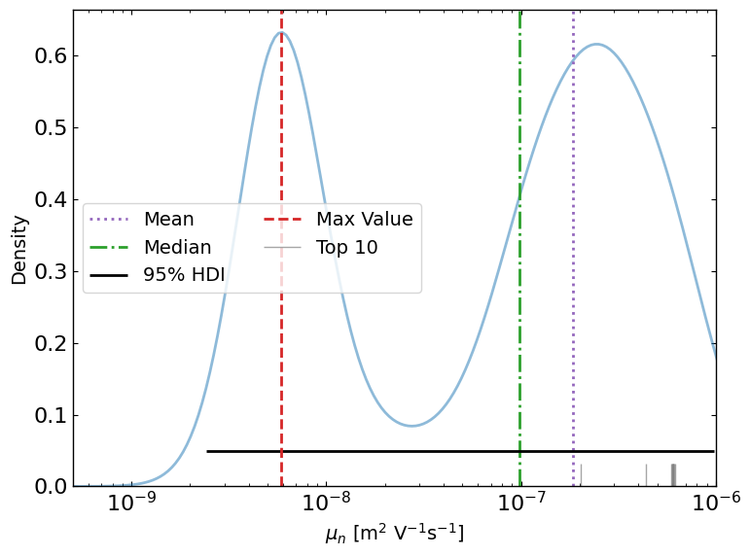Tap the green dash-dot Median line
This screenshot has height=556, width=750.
pyautogui.click(x=520, y=117)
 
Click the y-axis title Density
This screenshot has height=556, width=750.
pyautogui.click(x=19, y=249)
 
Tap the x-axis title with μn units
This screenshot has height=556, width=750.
pyautogui.click(x=394, y=534)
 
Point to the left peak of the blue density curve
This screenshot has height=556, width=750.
pyautogui.click(x=281, y=33)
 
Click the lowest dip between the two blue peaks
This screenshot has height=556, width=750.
pyautogui.click(x=412, y=426)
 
